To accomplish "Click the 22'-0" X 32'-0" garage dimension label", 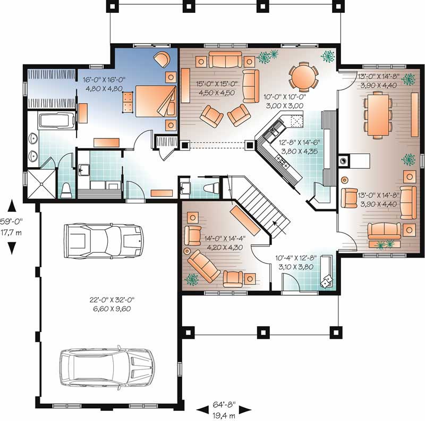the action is tap(112, 300).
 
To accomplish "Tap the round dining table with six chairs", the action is tap(303, 77).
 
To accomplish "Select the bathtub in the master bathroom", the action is tap(57, 120).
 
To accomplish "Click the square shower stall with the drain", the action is tap(41, 184).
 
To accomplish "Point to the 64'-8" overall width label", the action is tap(224, 405).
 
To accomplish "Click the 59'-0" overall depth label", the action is tap(11, 221).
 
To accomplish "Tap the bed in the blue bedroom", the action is tap(156, 101).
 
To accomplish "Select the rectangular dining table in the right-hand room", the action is tap(378, 114).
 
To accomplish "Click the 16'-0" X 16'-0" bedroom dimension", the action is tap(104, 80).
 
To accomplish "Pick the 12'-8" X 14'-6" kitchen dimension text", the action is tap(300, 142).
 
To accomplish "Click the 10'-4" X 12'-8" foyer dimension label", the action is tap(296, 258).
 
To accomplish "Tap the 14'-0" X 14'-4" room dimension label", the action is tap(225, 238).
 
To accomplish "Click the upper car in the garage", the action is tap(103, 241).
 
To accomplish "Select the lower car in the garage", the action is tap(107, 368).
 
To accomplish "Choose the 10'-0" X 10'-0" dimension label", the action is tap(285, 97).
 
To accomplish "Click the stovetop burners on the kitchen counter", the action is tap(282, 161).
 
